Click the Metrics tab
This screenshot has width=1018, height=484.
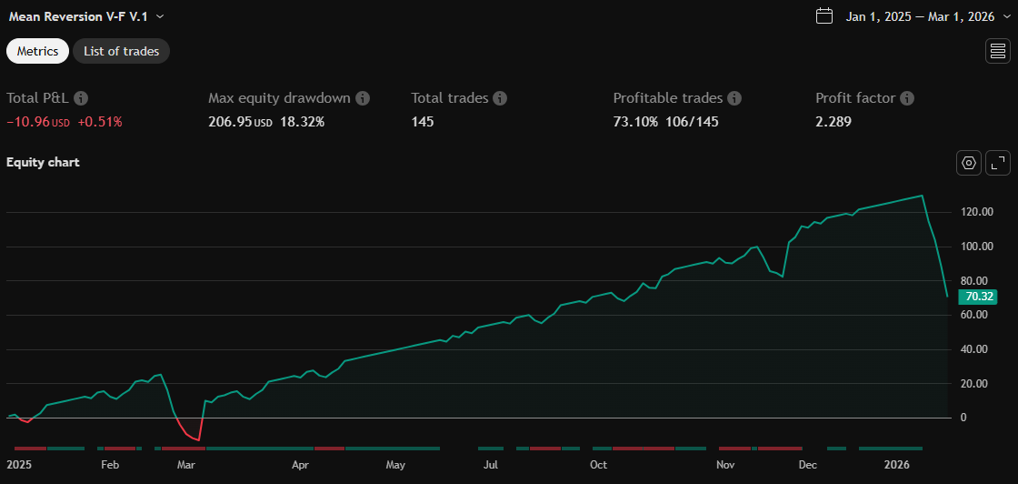[37, 51]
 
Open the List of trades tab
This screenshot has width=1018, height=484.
[121, 51]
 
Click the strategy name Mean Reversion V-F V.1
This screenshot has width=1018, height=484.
[78, 16]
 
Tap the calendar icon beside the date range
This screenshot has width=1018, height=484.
[824, 16]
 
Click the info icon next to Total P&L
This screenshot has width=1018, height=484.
[81, 98]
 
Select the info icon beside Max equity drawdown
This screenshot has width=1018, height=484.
[363, 98]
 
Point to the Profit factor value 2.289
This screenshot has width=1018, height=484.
[833, 121]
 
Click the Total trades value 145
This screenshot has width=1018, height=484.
[423, 121]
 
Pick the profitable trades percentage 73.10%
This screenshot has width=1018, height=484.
[635, 121]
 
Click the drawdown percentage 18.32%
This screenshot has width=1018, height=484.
[302, 121]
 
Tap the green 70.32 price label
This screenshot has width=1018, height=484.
[979, 297]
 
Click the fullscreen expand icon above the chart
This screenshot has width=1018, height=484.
[998, 163]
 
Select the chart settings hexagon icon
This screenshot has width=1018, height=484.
[969, 163]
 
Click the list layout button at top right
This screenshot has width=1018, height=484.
[997, 51]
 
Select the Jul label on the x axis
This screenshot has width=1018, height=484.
[491, 465]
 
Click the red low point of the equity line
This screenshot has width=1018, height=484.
[198, 440]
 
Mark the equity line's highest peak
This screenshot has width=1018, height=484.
[923, 196]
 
